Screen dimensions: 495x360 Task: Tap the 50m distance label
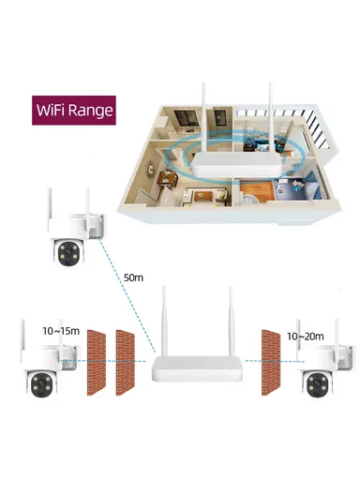pos(133,277)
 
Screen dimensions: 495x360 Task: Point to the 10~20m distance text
pos(307,335)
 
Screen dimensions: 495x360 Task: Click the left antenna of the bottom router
pos(162,323)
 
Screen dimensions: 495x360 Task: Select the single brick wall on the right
pos(272,356)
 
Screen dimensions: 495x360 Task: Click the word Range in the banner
pos(93,109)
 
